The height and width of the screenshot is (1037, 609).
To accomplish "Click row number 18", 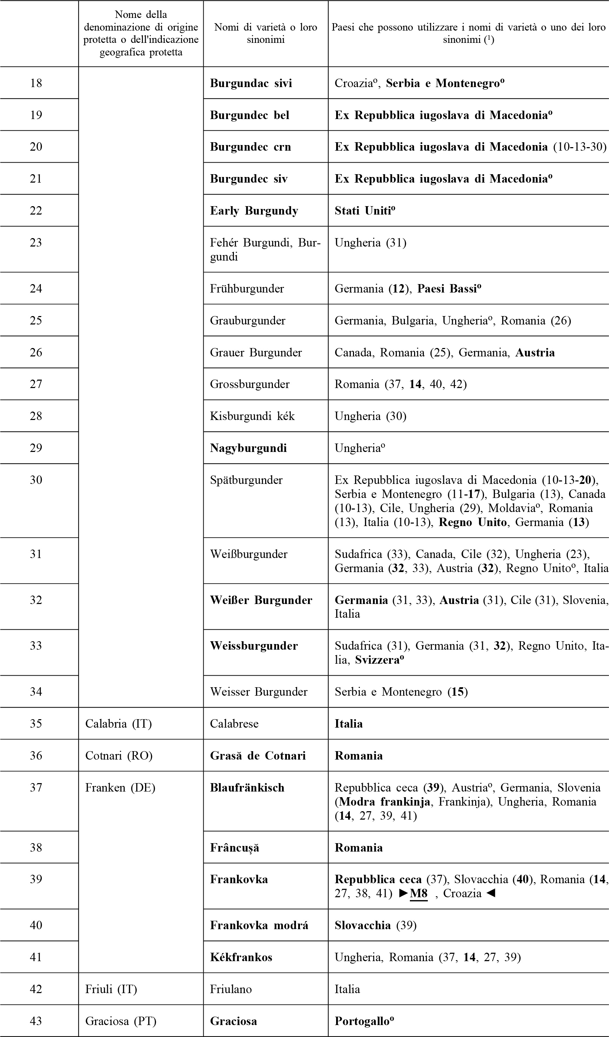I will (36, 84).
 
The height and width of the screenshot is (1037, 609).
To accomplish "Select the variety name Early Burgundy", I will (254, 211).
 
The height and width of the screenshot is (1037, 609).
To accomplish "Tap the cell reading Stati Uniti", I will (364, 211).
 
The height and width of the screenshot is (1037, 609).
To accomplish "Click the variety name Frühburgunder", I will (247, 288).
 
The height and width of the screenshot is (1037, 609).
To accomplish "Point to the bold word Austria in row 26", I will (535, 353).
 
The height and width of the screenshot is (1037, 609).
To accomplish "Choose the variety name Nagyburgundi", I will (248, 448).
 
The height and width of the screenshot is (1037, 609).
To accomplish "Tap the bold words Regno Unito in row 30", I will (472, 522).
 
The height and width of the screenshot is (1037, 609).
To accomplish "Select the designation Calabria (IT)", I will (118, 723).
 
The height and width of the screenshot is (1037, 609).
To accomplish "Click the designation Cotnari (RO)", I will (118, 755).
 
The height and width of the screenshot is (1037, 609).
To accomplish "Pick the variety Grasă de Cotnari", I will (257, 755).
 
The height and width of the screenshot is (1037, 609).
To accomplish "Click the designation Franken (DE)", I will (120, 788).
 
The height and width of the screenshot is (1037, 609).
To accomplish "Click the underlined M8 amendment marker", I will (419, 893).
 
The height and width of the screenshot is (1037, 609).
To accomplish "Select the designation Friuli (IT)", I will (111, 989).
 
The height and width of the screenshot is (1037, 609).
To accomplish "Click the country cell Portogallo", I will (364, 1021).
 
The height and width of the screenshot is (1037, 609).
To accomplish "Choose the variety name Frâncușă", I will (235, 847).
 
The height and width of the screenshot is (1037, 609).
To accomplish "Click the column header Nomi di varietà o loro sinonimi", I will (266, 33).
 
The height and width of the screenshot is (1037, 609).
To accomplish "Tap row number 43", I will (36, 1021).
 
